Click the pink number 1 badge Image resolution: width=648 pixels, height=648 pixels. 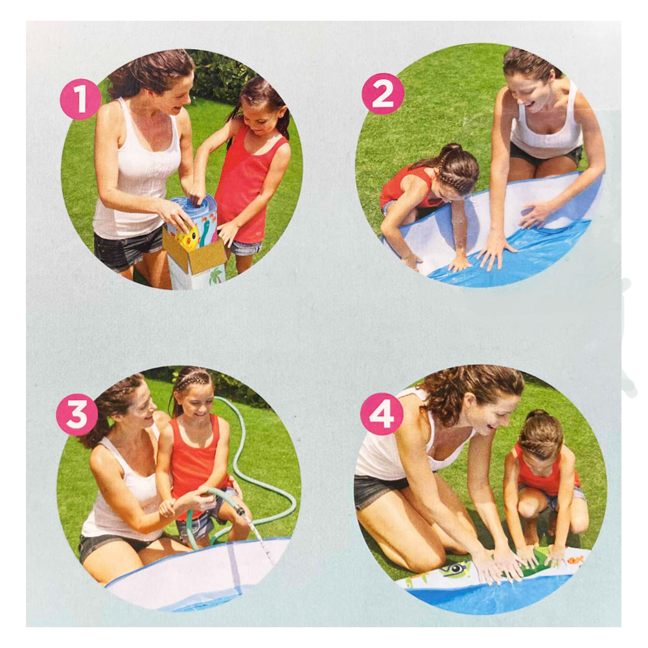pyautogui.click(x=80, y=99)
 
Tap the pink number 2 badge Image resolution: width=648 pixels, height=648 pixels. pyautogui.click(x=383, y=94)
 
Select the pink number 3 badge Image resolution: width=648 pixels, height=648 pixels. pyautogui.click(x=77, y=414)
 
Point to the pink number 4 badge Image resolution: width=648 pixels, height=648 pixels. pyautogui.click(x=382, y=413)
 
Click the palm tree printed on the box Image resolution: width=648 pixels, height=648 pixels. pyautogui.click(x=215, y=275)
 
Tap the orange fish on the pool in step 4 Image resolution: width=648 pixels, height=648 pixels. pyautogui.click(x=575, y=560)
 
